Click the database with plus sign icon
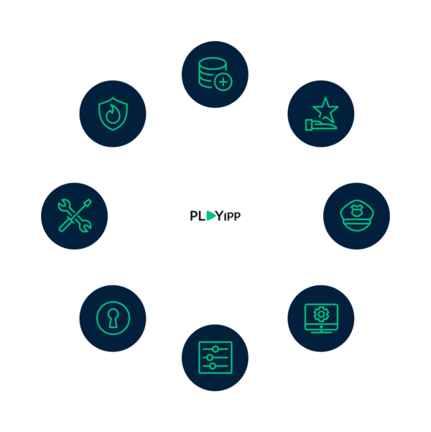(215, 74)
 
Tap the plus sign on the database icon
(223, 82)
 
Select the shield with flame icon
(113, 114)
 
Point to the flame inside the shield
(113, 114)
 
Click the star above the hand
(325, 109)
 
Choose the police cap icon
(356, 216)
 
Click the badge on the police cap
(356, 211)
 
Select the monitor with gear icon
(321, 318)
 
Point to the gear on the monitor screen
(321, 314)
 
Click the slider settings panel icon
(215, 358)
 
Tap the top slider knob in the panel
(215, 349)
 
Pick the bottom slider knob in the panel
(213, 366)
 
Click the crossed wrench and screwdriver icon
(75, 216)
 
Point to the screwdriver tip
(88, 202)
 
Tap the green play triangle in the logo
(211, 216)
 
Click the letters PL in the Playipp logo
(198, 216)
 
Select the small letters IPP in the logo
(232, 216)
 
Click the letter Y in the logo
(219, 216)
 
